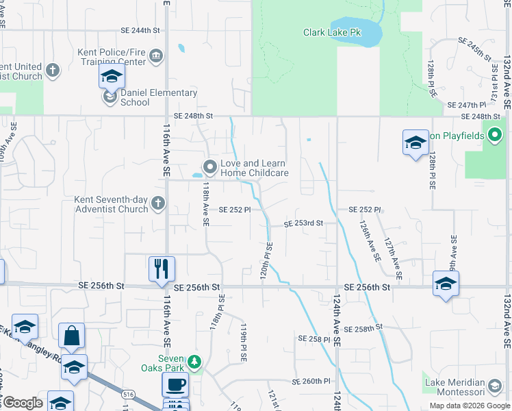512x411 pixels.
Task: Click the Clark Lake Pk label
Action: click(332, 32)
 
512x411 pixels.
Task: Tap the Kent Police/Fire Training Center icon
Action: click(156, 54)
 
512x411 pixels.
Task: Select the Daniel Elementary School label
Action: click(159, 97)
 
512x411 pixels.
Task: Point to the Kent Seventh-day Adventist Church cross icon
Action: click(158, 202)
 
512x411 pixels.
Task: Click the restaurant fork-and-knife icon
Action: click(162, 268)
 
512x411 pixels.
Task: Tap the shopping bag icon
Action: click(71, 336)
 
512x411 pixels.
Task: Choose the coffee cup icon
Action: click(175, 384)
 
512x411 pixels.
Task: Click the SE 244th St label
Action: click(140, 31)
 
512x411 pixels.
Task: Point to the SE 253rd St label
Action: click(303, 223)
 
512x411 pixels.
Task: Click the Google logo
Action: click(22, 403)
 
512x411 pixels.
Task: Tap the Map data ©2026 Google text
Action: click(469, 406)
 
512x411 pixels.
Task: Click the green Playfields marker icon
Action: click(495, 136)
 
